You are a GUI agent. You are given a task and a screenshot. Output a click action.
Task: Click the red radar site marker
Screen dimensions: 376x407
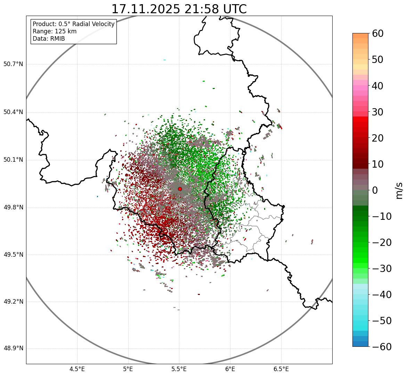180,189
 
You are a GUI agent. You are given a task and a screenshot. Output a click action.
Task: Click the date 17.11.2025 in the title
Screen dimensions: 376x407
146,9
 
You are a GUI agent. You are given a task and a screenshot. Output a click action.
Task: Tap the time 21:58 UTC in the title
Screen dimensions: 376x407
215,9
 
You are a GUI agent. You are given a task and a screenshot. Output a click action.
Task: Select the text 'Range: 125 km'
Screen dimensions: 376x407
55,31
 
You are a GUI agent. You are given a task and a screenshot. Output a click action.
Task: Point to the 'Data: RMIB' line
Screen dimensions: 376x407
49,39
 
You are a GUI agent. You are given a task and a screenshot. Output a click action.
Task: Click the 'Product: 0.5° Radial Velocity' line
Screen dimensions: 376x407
73,24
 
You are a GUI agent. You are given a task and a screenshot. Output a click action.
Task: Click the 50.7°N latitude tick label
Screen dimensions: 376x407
13,64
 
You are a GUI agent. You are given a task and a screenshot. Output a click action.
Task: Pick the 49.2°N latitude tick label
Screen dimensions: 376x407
13,302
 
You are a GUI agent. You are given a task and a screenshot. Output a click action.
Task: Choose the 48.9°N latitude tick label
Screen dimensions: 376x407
13,349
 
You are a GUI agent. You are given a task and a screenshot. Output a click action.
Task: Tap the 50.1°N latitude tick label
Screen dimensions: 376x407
13,160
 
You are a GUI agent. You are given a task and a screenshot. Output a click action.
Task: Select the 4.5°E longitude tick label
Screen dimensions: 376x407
77,369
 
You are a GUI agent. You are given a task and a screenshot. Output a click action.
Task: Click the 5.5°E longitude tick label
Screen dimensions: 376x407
179,369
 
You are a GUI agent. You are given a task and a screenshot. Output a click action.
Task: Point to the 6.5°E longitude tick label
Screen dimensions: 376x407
281,369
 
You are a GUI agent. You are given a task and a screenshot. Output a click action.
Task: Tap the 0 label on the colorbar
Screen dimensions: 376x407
375,190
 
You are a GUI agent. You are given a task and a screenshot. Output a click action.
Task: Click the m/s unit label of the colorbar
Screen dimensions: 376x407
399,190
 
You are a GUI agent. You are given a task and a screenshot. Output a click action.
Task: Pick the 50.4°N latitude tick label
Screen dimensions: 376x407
13,112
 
